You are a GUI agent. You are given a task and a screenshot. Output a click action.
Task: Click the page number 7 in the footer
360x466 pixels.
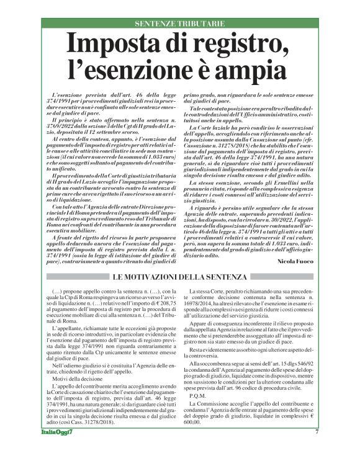[317, 449]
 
